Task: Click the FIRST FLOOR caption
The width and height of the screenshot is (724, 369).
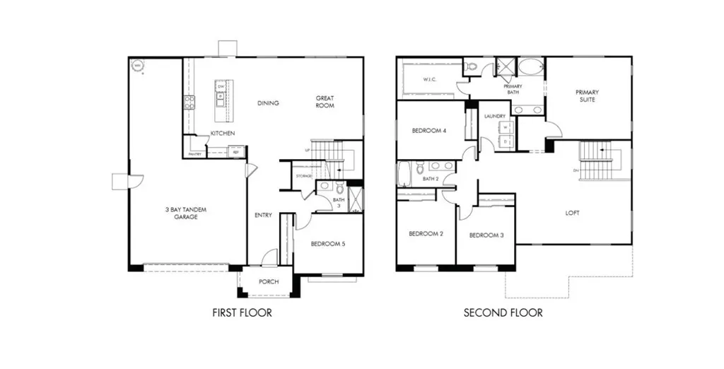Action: (242, 312)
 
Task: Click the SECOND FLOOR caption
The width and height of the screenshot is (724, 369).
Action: (503, 312)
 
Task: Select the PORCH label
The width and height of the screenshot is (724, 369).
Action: (269, 281)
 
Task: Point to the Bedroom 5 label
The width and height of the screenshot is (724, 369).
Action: (327, 245)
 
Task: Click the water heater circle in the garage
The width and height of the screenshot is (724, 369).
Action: (137, 66)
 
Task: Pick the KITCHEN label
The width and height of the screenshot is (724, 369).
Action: (223, 133)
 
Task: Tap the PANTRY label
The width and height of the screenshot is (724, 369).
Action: (195, 153)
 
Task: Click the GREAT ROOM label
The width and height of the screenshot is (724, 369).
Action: (325, 102)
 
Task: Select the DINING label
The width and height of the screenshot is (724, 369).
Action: (268, 103)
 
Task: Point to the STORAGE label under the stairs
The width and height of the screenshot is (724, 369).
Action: (304, 176)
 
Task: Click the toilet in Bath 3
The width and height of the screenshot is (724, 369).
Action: (339, 188)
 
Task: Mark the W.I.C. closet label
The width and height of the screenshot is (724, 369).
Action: (429, 79)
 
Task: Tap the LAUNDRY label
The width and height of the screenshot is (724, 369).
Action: (494, 116)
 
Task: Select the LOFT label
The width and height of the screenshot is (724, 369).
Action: (572, 213)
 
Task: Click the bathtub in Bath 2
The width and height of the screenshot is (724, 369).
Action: (405, 174)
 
